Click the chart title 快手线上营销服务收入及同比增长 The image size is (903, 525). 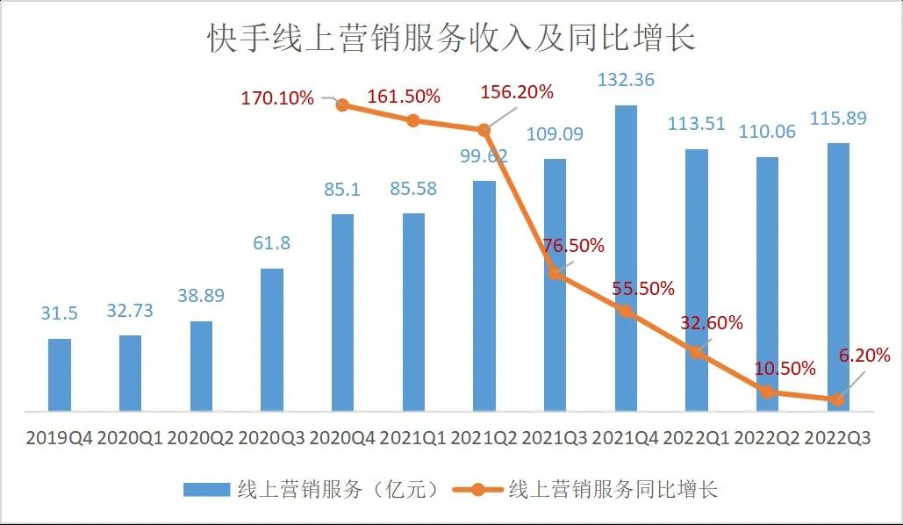coord(451,38)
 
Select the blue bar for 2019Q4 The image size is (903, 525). coord(60,374)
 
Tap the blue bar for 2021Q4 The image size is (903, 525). coord(626,258)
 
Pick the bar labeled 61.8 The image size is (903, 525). coord(272,339)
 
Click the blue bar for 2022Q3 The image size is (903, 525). coord(838,277)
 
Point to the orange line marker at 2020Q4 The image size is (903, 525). coord(343,105)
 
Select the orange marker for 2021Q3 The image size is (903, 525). coord(555,274)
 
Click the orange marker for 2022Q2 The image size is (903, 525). coord(768,392)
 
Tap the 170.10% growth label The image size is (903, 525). coord(277,97)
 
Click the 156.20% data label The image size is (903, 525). coord(517,91)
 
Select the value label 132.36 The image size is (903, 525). coord(626,80)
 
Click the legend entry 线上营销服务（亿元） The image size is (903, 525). coord(312,489)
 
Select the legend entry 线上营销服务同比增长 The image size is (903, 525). coord(597,489)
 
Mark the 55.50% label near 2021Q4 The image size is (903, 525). coord(644,288)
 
